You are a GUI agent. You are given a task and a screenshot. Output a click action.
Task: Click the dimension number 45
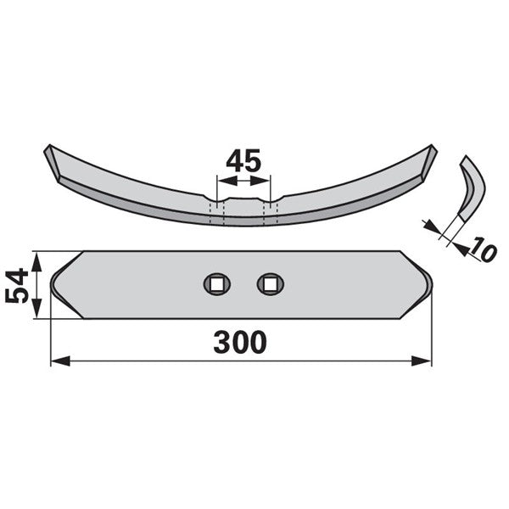243,160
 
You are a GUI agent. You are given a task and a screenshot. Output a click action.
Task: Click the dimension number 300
240,342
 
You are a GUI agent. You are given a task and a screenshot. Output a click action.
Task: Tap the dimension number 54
17,285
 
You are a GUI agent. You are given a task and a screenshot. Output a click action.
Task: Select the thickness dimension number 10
484,249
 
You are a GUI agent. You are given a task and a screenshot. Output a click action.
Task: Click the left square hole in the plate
217,284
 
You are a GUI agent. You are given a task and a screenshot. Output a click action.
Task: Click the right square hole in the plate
270,284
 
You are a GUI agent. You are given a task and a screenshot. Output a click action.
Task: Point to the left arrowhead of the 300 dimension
61,361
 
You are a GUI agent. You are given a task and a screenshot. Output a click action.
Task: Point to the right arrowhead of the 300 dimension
422,361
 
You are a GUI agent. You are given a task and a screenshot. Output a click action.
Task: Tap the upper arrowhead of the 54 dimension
36,261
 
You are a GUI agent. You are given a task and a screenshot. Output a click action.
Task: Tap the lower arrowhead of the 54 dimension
36,309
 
